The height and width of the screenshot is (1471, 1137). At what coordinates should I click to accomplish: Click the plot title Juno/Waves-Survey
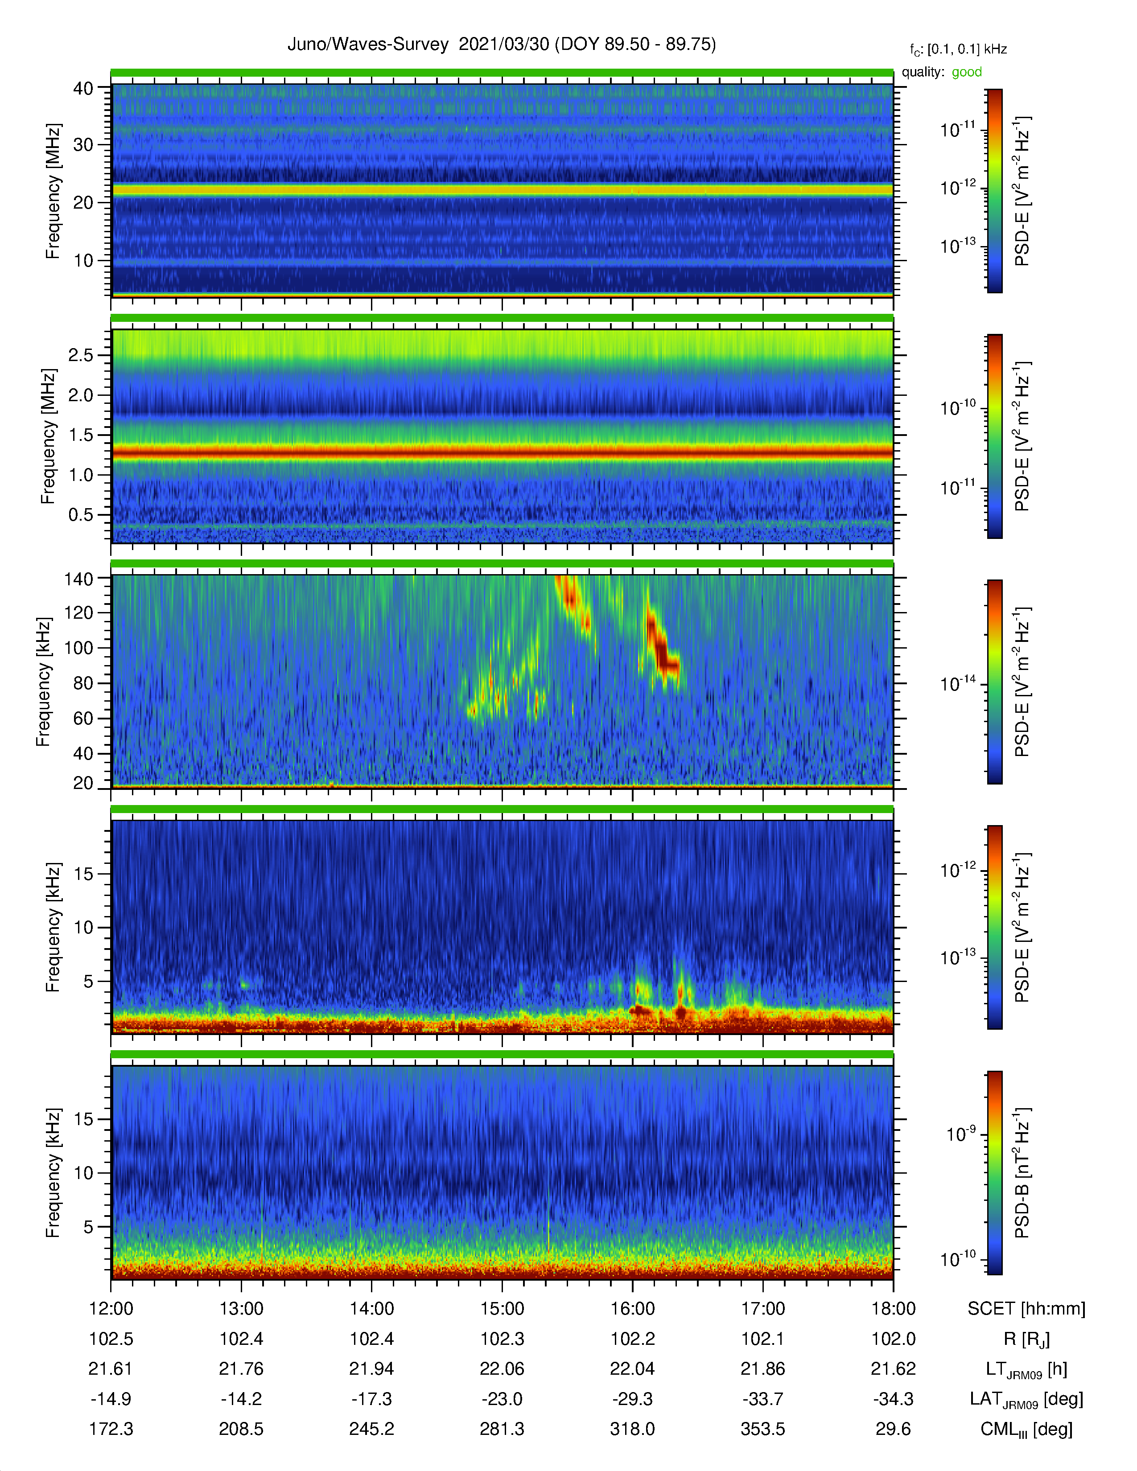click(x=368, y=45)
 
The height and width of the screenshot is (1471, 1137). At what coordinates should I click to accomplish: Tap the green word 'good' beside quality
click(x=967, y=72)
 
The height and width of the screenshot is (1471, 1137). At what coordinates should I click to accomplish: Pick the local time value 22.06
click(x=502, y=1368)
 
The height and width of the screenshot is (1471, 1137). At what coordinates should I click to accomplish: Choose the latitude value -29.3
click(x=633, y=1399)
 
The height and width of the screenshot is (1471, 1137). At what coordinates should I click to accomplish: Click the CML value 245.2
click(x=372, y=1429)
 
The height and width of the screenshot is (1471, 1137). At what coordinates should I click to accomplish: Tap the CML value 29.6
click(x=893, y=1429)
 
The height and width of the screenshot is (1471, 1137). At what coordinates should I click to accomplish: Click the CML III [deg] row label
click(x=1026, y=1429)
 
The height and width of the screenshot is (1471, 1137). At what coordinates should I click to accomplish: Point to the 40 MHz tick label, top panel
click(x=83, y=88)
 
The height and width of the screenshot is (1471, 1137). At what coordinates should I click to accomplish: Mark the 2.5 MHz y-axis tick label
click(x=81, y=355)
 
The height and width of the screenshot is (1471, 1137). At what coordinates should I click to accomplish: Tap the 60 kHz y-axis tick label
click(x=83, y=718)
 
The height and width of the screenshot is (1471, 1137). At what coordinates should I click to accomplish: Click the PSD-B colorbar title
click(x=1022, y=1173)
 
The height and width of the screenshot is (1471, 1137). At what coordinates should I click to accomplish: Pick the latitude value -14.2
click(x=241, y=1399)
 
